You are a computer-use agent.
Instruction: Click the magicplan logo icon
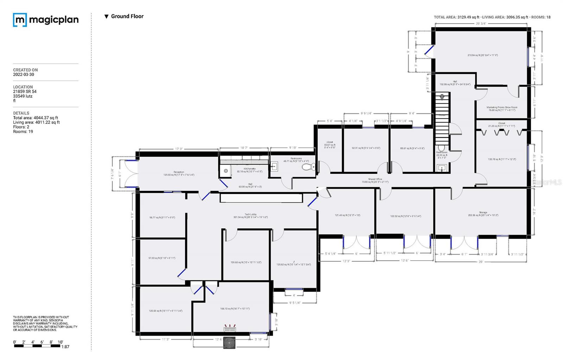click(x=20, y=20)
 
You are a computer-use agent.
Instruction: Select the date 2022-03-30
click(x=24, y=75)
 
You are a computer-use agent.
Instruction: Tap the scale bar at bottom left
click(x=37, y=346)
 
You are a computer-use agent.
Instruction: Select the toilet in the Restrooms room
click(x=309, y=167)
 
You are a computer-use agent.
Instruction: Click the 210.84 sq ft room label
click(x=482, y=55)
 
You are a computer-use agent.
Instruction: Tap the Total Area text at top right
click(x=456, y=17)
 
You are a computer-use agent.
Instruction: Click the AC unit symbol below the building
click(x=229, y=343)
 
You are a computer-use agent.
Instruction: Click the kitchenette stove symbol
click(x=226, y=171)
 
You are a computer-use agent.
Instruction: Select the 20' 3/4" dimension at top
click(x=481, y=24)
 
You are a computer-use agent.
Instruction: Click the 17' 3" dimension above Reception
click(x=179, y=149)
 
